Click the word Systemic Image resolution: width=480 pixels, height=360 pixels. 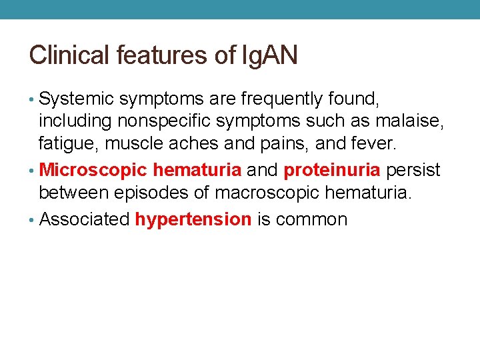tap(76, 100)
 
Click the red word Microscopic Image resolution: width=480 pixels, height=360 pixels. tap(93, 170)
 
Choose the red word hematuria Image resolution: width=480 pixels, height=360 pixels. tap(197, 170)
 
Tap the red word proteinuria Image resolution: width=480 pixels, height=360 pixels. tap(332, 170)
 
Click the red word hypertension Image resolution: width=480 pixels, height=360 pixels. tap(193, 219)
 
